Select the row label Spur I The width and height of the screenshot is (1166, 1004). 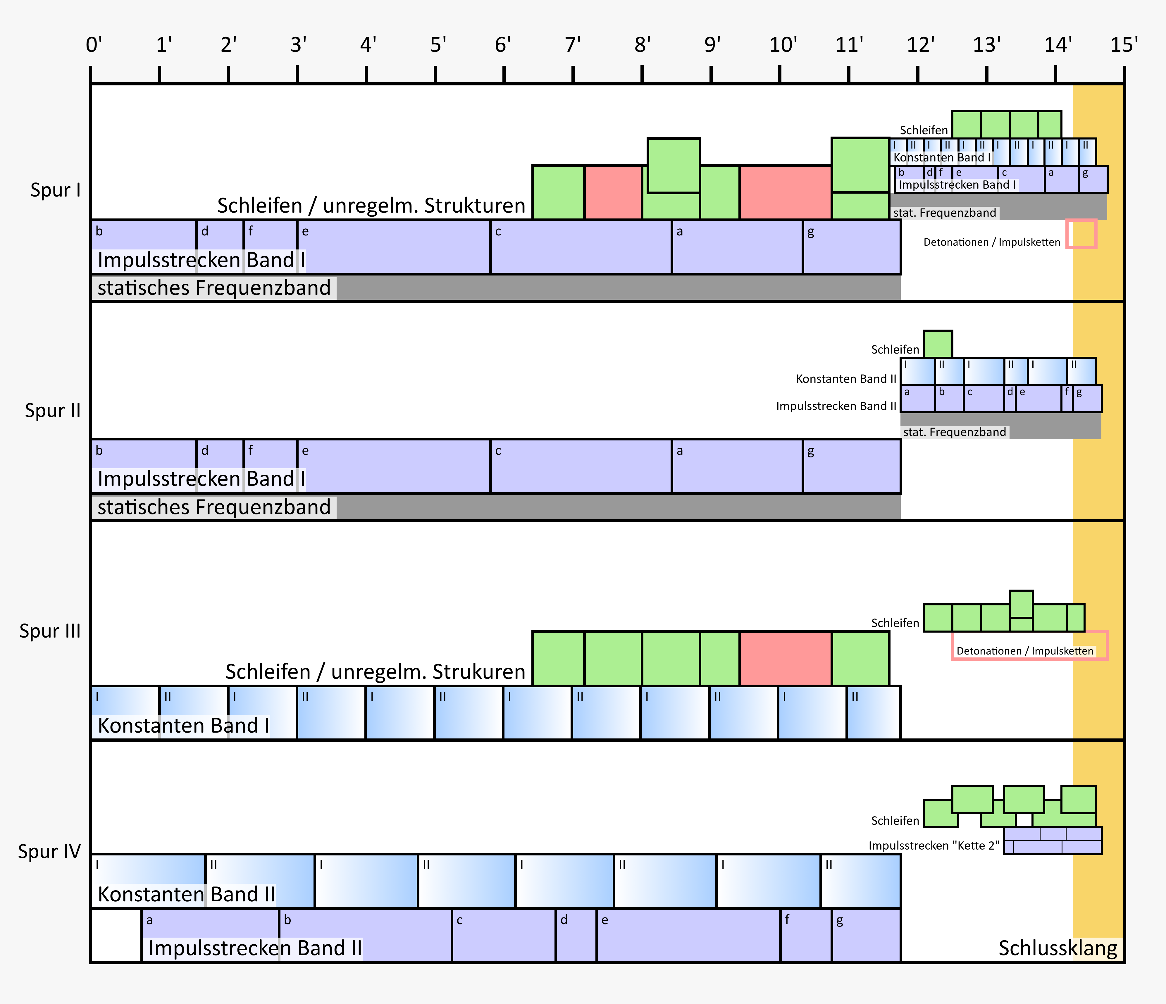coord(55,190)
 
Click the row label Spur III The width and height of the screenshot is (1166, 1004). coord(50,631)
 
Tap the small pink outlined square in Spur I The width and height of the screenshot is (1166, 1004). coord(1081,234)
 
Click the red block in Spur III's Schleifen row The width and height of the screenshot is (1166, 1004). coord(786,658)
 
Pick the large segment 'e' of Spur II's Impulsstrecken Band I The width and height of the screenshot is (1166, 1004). coord(394,466)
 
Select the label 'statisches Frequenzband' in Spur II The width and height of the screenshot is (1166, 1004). coord(214,507)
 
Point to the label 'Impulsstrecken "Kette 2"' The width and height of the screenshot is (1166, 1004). coord(934,845)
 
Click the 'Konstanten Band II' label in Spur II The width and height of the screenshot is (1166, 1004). coord(846,379)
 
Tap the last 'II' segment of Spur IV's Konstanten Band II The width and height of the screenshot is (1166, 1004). coord(860,881)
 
